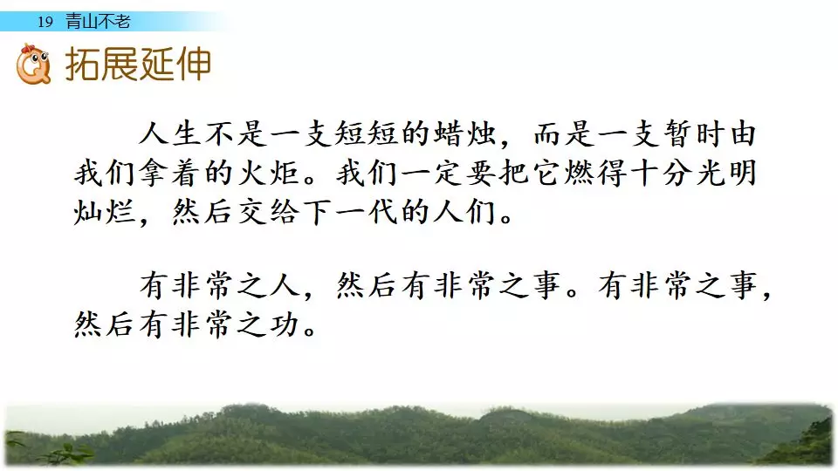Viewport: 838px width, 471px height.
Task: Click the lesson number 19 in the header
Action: point(45,22)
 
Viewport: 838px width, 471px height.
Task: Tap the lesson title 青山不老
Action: point(98,21)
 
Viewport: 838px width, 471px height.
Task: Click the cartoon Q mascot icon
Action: point(33,64)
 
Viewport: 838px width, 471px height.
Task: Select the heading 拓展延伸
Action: point(139,65)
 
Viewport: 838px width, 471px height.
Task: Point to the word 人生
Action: point(170,133)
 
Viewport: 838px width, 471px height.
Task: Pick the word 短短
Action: point(367,133)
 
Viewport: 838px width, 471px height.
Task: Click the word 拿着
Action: point(170,173)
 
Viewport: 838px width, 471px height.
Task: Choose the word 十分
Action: point(660,173)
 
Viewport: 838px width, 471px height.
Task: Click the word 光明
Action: point(725,173)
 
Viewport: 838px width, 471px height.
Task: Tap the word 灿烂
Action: point(105,212)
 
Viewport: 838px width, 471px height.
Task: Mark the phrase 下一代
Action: point(350,212)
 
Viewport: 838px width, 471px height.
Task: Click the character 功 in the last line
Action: point(285,324)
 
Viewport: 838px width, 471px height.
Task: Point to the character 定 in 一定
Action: point(448,173)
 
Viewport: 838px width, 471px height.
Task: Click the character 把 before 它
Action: point(513,173)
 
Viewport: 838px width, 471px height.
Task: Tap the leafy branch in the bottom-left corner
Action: point(51,450)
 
